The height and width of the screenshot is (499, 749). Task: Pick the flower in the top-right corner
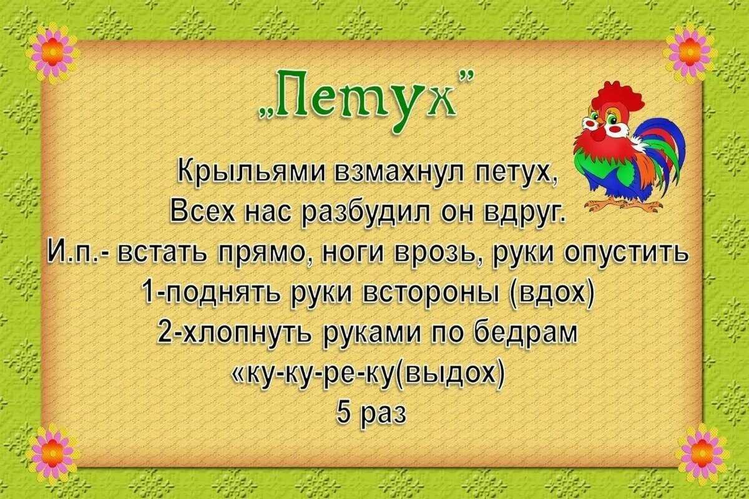(690, 52)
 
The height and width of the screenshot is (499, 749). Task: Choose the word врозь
(434, 253)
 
